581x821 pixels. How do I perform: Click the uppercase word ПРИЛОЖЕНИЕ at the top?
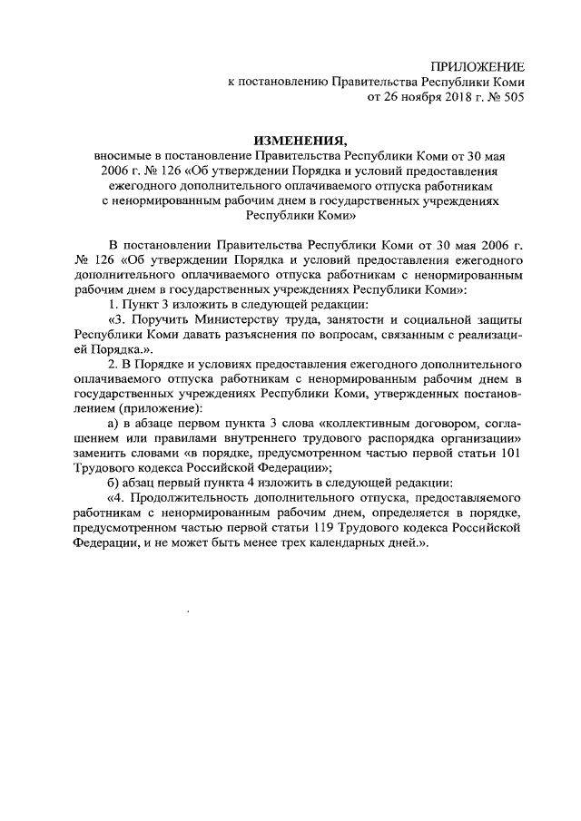point(478,66)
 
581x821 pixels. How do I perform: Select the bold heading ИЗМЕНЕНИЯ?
point(300,141)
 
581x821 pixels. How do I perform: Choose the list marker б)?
point(113,482)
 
